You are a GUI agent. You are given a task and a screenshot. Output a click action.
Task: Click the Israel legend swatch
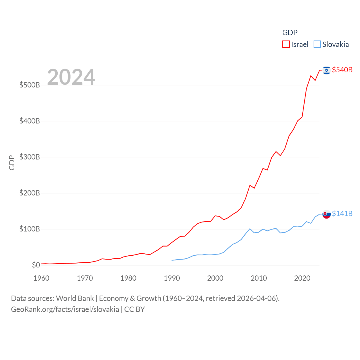point(286,44)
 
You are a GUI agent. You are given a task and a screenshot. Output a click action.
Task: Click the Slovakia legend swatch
point(317,44)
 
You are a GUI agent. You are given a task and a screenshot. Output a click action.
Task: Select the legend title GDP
point(290,33)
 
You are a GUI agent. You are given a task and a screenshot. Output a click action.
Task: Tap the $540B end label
point(342,70)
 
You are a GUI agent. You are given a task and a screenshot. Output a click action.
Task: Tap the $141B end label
point(342,213)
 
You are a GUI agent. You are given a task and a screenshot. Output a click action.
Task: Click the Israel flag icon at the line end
point(326,70)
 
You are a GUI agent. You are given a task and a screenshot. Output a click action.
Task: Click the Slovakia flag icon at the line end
point(326,214)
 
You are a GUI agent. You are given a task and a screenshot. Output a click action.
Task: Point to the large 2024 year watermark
point(71,77)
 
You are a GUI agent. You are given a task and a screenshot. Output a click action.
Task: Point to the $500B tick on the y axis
point(30,85)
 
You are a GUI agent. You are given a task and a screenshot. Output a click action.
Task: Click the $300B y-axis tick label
point(30,157)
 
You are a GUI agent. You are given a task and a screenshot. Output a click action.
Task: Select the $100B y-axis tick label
point(30,229)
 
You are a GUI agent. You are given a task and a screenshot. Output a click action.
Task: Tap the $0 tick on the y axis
point(36,265)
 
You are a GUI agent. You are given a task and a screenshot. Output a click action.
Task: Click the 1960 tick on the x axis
point(41,278)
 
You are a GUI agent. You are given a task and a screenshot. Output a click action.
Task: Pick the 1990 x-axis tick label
point(172,278)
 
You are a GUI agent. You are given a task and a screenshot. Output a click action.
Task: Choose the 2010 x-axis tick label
point(259,278)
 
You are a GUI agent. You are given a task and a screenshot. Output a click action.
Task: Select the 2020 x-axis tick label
point(302,278)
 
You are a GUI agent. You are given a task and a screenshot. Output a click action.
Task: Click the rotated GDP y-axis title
point(12,163)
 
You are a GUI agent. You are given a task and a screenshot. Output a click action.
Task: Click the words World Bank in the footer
point(75,298)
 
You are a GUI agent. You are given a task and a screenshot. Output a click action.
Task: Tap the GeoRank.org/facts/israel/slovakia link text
point(65,309)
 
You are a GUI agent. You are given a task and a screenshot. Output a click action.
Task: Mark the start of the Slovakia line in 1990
point(172,260)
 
